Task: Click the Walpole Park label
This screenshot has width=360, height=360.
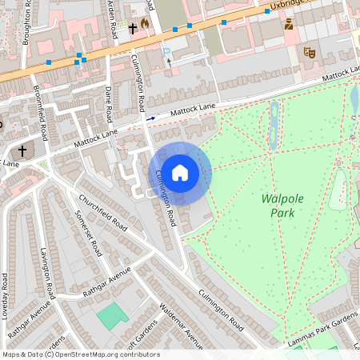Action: (x=278, y=205)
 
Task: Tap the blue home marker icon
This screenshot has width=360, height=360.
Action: (x=180, y=173)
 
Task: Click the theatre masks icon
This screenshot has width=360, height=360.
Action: (x=310, y=53)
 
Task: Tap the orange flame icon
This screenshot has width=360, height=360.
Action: (x=145, y=24)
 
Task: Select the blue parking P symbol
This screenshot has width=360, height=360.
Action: (x=166, y=53)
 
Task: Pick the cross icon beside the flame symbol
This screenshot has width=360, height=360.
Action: (x=132, y=27)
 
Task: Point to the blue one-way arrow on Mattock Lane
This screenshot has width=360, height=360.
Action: (x=150, y=117)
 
